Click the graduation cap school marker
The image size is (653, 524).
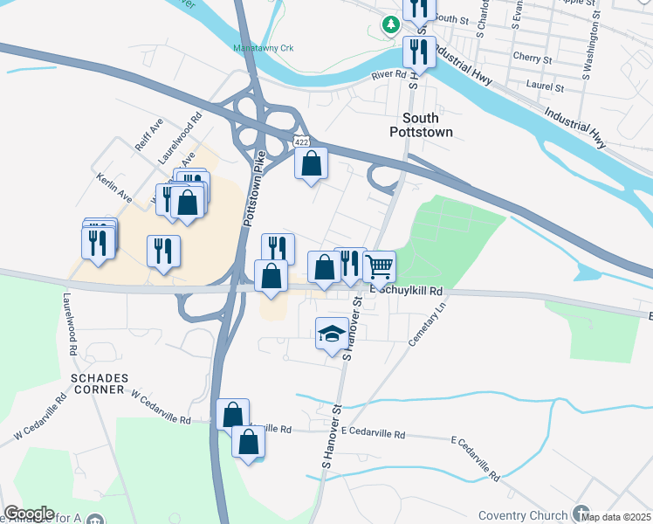click(x=331, y=334)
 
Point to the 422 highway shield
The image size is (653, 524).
click(x=301, y=141)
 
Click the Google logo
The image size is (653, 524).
click(x=28, y=513)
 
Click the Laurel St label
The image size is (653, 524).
click(x=546, y=87)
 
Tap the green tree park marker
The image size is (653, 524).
click(x=389, y=24)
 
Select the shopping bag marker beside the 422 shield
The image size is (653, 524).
click(x=312, y=163)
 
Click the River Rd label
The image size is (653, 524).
click(x=388, y=75)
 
